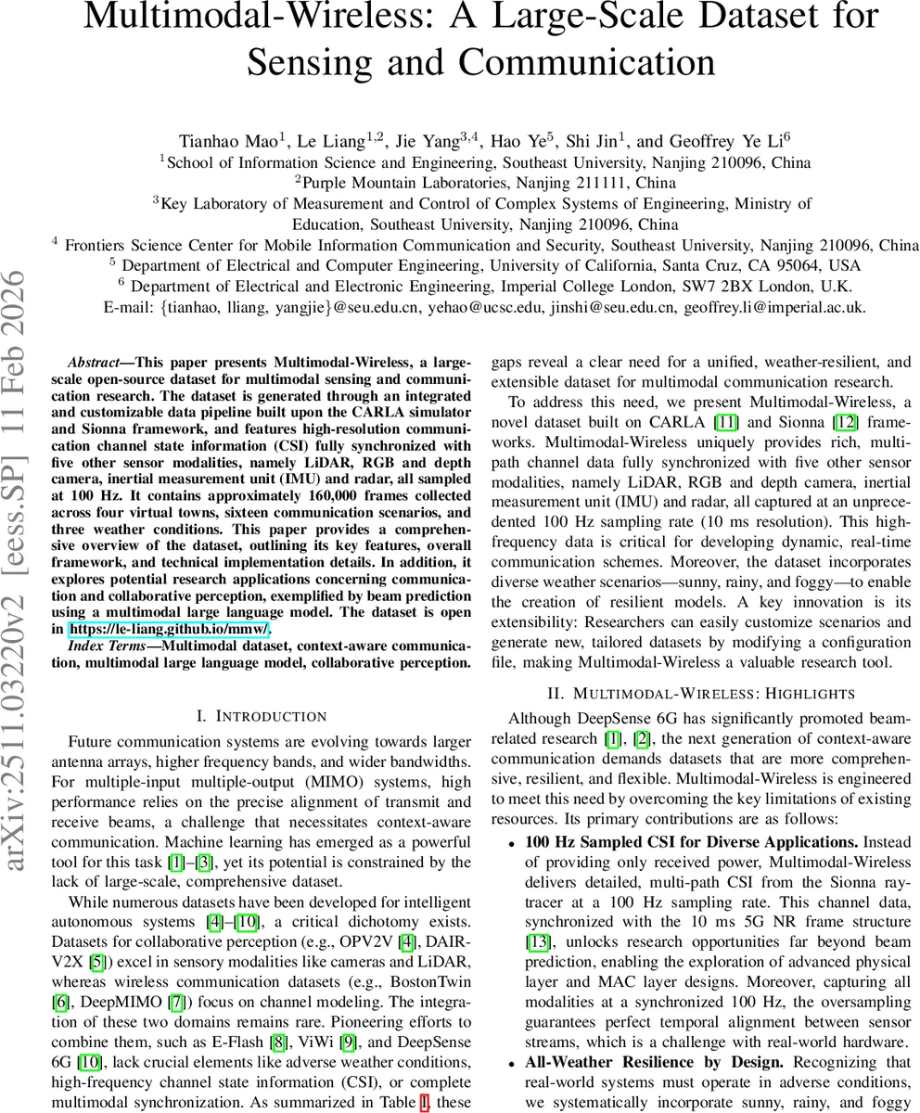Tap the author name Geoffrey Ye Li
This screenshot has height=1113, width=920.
point(709,141)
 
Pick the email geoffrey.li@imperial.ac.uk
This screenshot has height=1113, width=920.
point(774,307)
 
